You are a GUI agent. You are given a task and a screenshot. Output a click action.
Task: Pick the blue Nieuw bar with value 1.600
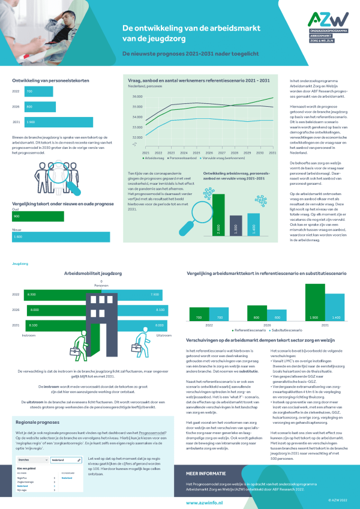[x=61, y=238]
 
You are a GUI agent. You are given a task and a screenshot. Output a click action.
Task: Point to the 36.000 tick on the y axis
[x=136, y=97]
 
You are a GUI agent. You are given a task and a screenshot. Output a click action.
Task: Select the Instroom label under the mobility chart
[x=29, y=336]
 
